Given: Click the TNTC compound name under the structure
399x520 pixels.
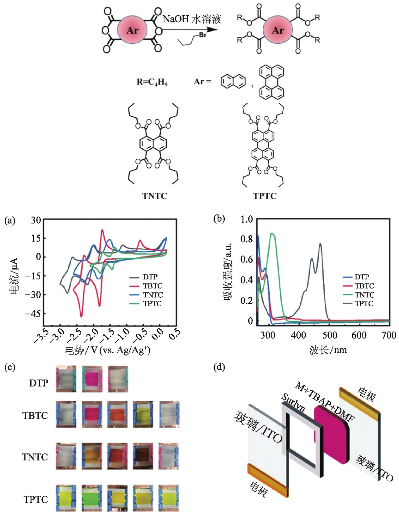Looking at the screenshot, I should pos(154,196).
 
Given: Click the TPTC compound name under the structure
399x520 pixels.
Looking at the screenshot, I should pos(265,196).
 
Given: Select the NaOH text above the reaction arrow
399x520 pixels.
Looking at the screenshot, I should pos(176,19).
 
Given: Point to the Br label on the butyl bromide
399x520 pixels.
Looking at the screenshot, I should pos(203,34).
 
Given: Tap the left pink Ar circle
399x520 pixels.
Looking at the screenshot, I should pos(132,30).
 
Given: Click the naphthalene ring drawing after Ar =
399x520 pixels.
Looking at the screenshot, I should pos(233,81).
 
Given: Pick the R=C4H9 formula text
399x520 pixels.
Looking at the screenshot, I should pos(152,82).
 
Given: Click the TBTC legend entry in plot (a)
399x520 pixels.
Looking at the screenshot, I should pos(152,286).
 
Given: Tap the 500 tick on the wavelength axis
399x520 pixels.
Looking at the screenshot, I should pos(329,335).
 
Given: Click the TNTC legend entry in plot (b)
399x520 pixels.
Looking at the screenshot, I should pos(364,295).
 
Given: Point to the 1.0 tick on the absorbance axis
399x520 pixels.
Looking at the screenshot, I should pos(246,219).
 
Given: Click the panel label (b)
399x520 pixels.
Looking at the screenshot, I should pos(219,219).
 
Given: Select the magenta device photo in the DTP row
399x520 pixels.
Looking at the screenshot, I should pos(92,379).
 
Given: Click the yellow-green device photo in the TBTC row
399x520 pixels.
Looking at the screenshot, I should pos(143,414).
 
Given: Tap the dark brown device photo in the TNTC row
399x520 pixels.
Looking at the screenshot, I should pos(143,456).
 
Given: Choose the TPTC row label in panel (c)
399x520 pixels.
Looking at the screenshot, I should pos(35,499).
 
